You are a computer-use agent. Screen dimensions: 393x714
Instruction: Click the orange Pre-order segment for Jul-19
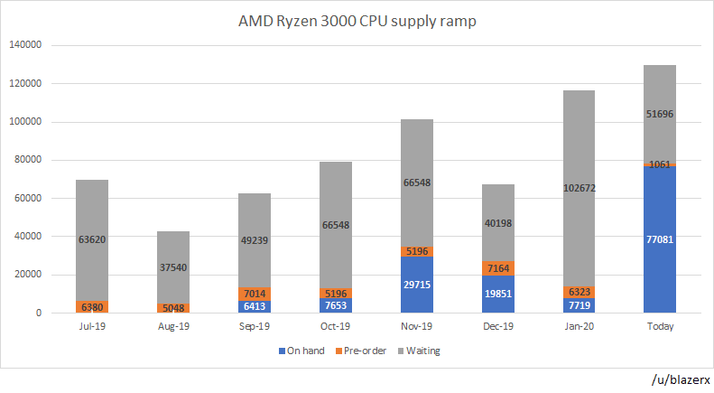(x=92, y=306)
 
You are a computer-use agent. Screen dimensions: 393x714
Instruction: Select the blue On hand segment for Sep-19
(x=255, y=306)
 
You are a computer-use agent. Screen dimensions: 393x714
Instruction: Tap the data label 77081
(x=659, y=239)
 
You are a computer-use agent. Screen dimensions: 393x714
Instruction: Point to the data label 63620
(x=92, y=240)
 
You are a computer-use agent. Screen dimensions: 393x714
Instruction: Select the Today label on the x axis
(x=659, y=326)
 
